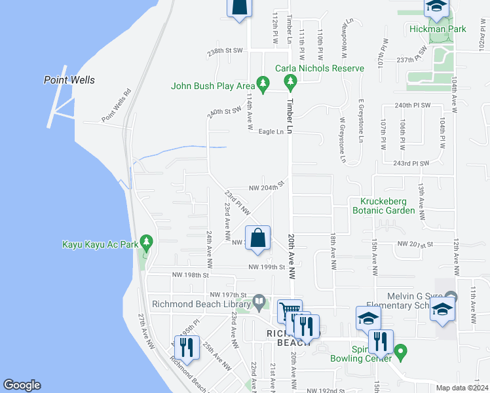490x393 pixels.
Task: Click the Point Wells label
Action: coord(69,81)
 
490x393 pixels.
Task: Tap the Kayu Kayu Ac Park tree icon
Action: coord(146,242)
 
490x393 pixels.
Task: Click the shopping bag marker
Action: coord(258,239)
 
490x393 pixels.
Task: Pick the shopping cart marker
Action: coord(290,310)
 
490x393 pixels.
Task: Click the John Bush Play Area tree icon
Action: coord(263,83)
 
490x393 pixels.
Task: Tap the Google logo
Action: coord(22,385)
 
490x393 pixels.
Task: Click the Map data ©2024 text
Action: coord(461,388)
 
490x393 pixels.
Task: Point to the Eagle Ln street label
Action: coord(271,132)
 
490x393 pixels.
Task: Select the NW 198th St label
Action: coord(189,275)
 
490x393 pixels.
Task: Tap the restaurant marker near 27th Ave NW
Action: coord(186,348)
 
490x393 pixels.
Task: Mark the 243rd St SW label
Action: coord(411,163)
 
